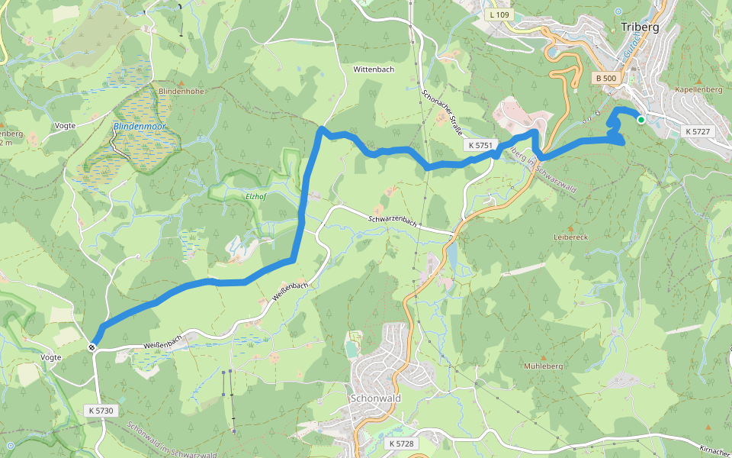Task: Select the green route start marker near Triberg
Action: pyautogui.click(x=641, y=120)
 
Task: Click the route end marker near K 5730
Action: pyautogui.click(x=92, y=348)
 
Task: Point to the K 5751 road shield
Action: pyautogui.click(x=482, y=145)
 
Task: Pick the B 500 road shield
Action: pyautogui.click(x=607, y=78)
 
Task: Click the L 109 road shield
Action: pyautogui.click(x=499, y=15)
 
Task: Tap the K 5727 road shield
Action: pyautogui.click(x=698, y=131)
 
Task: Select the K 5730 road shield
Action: pyautogui.click(x=101, y=411)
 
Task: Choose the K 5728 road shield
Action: pyautogui.click(x=401, y=443)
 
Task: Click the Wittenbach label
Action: pyautogui.click(x=374, y=69)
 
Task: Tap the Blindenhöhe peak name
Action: pyautogui.click(x=181, y=91)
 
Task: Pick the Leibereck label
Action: pyautogui.click(x=572, y=237)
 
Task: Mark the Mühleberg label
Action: pyautogui.click(x=543, y=366)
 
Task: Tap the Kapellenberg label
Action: pyautogui.click(x=698, y=89)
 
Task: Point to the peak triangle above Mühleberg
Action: pyautogui.click(x=543, y=357)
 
